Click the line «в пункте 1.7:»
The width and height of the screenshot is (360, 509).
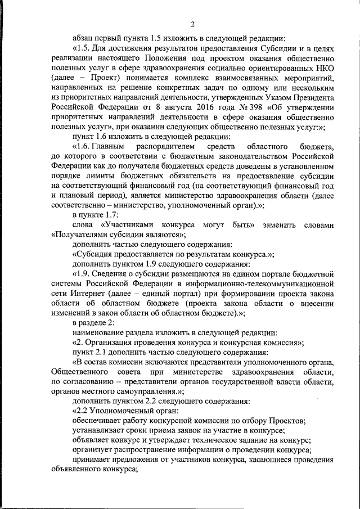[x=92, y=215]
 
